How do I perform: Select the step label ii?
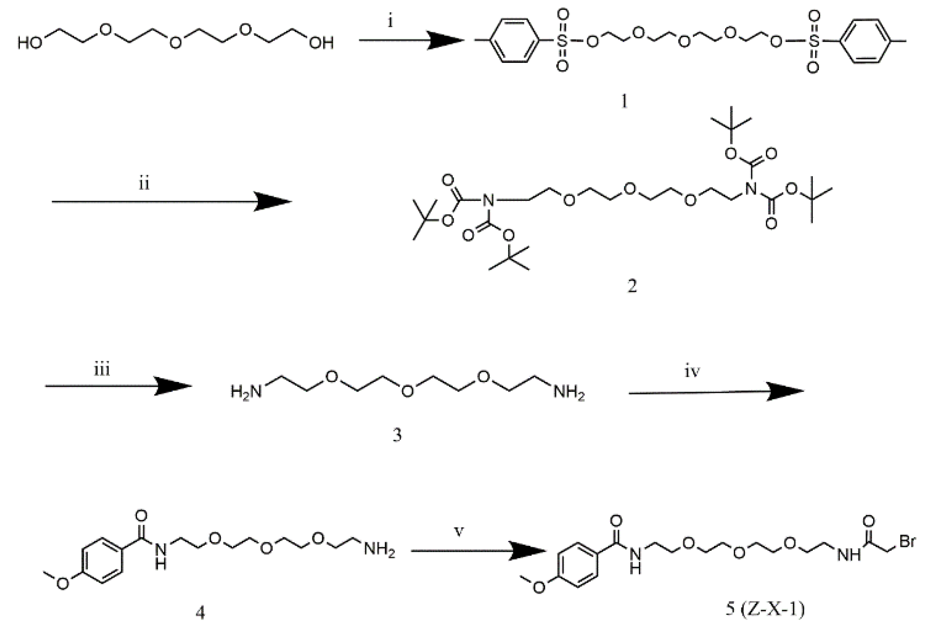point(144,184)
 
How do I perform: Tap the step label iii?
point(101,370)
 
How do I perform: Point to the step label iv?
point(693,372)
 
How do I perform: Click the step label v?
point(459,531)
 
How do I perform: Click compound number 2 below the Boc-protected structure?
point(632,286)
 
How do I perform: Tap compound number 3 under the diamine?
point(397,435)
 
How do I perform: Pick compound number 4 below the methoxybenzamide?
point(200,613)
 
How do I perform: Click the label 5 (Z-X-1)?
point(765,610)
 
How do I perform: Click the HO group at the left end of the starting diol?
point(30,43)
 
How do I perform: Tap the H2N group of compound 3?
point(246,391)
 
